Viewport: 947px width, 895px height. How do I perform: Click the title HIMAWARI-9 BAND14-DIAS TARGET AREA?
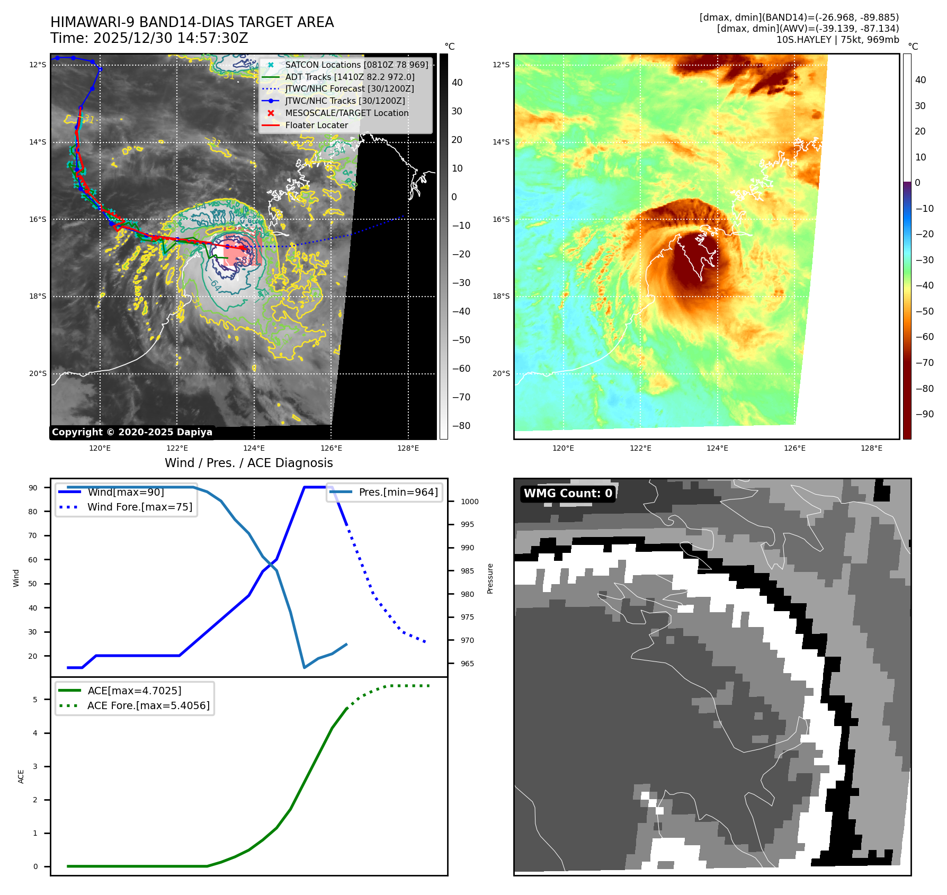click(x=192, y=22)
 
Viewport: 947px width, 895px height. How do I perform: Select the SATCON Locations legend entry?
click(x=356, y=65)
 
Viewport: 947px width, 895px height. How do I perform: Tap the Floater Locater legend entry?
click(x=316, y=126)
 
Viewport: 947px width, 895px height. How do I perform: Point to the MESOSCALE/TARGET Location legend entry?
click(x=346, y=113)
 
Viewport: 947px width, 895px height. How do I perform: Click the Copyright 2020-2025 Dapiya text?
click(x=132, y=432)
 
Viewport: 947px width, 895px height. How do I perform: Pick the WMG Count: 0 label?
click(x=568, y=494)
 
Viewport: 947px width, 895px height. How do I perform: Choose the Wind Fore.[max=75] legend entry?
click(x=139, y=507)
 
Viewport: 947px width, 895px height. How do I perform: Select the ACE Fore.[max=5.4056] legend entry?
click(x=148, y=706)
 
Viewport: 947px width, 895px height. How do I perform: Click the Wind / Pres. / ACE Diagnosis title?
click(x=248, y=463)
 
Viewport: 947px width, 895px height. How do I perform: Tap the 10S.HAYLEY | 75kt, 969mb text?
click(x=837, y=40)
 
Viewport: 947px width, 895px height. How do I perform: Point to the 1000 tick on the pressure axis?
click(x=469, y=502)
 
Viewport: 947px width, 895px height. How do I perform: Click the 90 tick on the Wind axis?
click(x=33, y=488)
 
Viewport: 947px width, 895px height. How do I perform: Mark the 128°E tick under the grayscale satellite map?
click(x=408, y=449)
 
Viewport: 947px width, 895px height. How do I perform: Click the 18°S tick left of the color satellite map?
click(x=501, y=297)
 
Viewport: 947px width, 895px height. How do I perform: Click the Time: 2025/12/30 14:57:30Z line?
click(x=149, y=38)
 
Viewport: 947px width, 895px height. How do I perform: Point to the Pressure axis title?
click(x=490, y=578)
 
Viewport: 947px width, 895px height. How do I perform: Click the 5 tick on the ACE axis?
click(x=35, y=700)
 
